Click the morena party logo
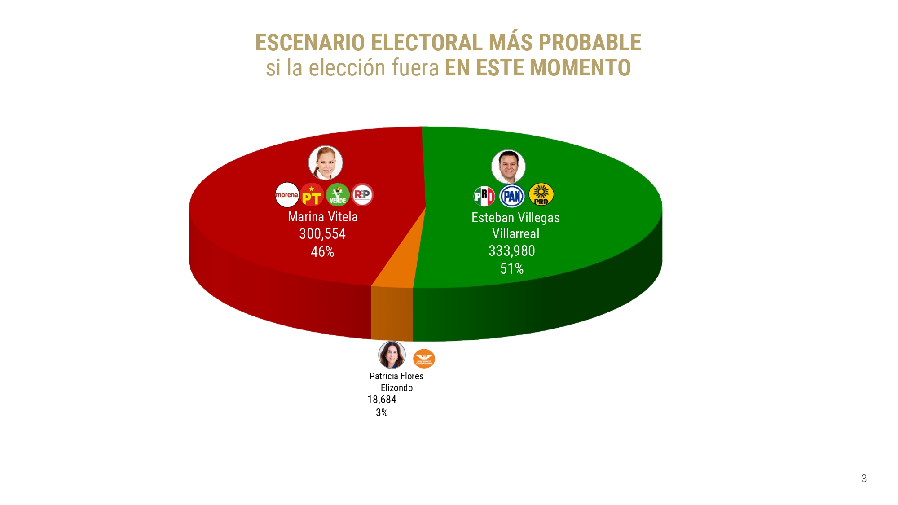pos(287,195)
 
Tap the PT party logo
pos(312,195)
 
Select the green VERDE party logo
pos(338,195)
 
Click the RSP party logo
pos(362,195)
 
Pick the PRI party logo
pos(484,196)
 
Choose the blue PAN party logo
pos(512,196)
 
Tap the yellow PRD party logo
pos(541,195)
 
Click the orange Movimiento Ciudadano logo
pos(424,359)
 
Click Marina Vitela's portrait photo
pos(326,162)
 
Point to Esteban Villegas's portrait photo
pos(508,167)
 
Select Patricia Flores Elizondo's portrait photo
pos(392,355)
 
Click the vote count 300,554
pos(322,234)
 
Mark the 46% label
pos(322,252)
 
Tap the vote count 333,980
pos(512,251)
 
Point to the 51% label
pos(512,269)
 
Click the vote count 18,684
pos(382,400)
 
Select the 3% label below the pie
pos(382,413)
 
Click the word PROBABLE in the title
pos(590,43)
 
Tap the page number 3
pos(864,479)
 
